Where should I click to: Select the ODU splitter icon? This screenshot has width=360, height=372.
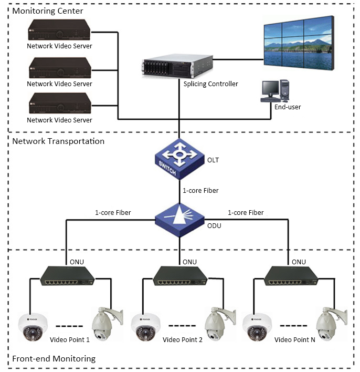(x=179, y=219)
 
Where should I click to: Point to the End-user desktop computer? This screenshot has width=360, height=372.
(x=276, y=90)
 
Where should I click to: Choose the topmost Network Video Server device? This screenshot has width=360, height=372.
(x=59, y=31)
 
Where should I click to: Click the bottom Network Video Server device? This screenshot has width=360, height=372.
(x=59, y=104)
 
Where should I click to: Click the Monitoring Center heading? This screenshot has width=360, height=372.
(x=48, y=11)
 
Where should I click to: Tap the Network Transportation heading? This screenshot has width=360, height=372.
(x=58, y=141)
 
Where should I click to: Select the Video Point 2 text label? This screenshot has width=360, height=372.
(x=182, y=339)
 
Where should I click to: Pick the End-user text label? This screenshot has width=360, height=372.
(x=287, y=107)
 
